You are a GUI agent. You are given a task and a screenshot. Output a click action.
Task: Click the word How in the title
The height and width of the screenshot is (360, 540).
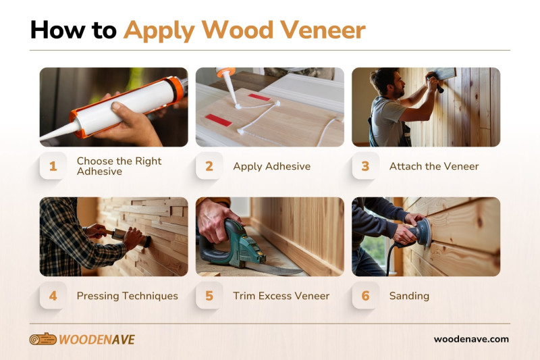53,30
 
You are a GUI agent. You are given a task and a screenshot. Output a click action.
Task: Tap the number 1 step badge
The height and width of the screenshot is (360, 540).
53,166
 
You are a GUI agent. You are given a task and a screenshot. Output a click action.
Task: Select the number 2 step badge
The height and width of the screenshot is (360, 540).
209,166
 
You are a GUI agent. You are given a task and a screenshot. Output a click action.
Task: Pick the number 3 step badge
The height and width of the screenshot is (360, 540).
366,166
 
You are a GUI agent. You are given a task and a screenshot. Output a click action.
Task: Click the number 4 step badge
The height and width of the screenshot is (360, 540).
53,296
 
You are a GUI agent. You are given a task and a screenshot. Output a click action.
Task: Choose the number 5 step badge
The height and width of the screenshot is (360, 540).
209,296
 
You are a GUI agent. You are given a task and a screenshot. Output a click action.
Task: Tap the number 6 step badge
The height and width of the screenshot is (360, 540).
366,296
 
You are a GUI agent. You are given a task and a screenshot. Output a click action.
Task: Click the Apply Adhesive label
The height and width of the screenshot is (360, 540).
271,166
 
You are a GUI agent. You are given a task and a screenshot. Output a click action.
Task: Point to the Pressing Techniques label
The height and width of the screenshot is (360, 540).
127,296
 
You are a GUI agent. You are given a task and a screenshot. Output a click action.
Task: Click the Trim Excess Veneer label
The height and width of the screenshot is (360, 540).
281,296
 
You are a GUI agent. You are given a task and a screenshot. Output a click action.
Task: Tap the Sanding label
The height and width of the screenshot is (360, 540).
409,296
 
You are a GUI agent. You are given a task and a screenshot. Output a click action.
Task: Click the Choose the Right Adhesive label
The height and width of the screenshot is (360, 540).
119,166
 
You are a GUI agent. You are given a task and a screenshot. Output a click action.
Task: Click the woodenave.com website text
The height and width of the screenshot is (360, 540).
471,339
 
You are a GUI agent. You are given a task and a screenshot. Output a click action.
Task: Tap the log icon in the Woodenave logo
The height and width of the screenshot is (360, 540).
43,339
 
